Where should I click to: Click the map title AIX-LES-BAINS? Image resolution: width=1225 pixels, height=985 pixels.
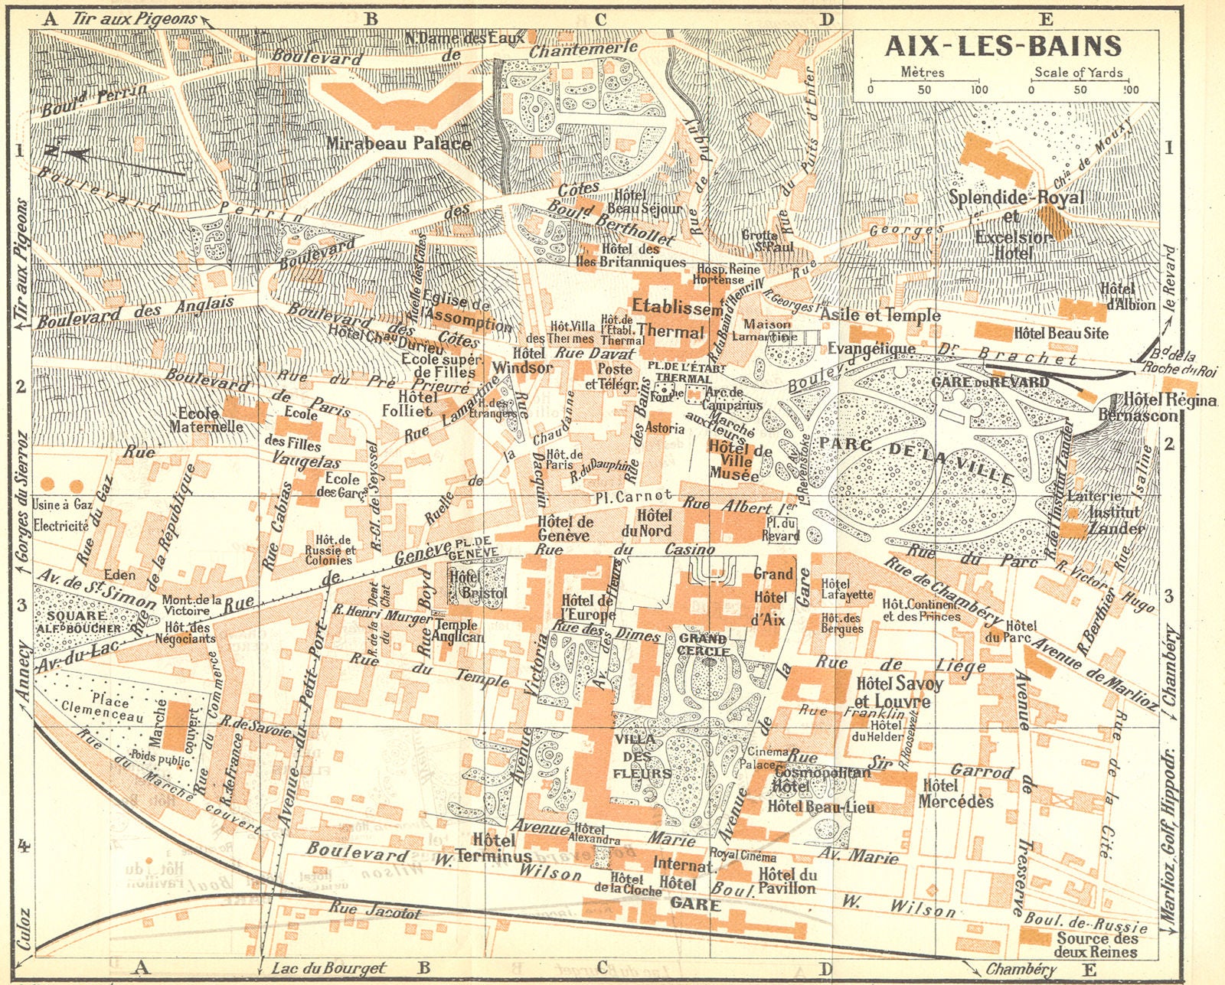point(1003,47)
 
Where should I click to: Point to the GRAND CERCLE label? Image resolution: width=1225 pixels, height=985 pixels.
point(703,644)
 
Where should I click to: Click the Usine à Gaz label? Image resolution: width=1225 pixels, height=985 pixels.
point(60,504)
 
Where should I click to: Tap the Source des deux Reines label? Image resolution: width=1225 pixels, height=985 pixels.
point(1095,945)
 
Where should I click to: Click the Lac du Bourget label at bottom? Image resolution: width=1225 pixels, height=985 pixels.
point(329,968)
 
